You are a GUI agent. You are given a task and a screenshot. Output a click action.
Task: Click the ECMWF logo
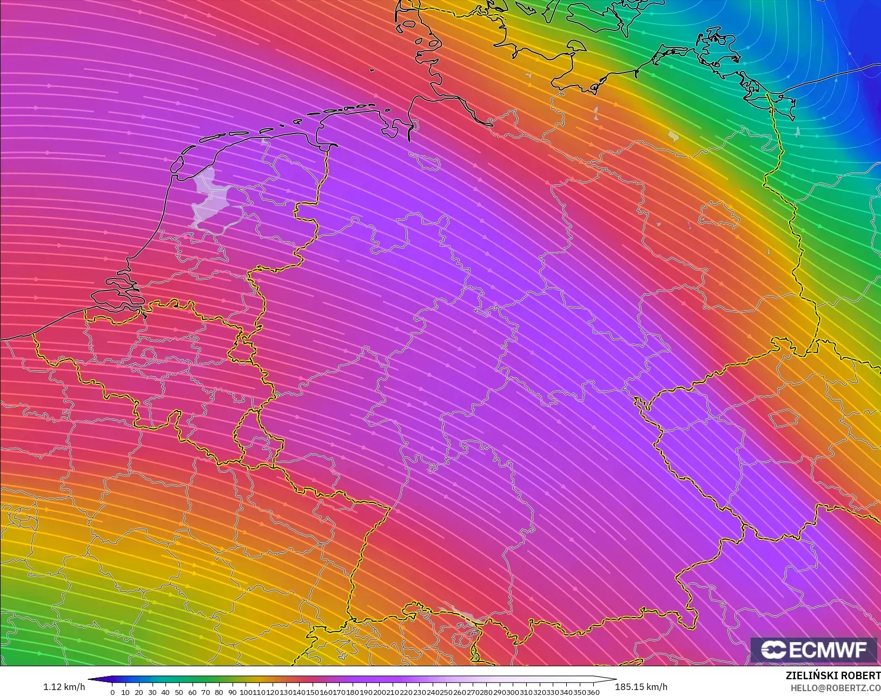click(813, 649)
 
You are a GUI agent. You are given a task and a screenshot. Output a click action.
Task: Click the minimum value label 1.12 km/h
click(64, 687)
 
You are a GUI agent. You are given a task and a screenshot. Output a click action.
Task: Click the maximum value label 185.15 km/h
click(641, 687)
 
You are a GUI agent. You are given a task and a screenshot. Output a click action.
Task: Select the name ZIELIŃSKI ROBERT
click(833, 676)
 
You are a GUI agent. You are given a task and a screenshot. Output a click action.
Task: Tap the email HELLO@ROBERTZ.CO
click(836, 688)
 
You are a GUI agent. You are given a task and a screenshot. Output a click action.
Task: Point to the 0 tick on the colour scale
click(112, 692)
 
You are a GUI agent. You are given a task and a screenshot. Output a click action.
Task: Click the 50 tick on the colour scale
click(179, 692)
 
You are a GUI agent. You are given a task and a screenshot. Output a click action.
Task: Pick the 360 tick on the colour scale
click(593, 692)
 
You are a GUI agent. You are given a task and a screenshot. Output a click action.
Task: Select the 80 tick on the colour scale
click(219, 692)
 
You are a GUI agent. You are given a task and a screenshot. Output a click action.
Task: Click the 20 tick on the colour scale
click(139, 692)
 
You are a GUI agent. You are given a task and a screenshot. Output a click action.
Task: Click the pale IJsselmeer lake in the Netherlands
click(209, 197)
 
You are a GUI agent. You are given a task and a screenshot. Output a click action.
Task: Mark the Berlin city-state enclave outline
click(719, 215)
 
